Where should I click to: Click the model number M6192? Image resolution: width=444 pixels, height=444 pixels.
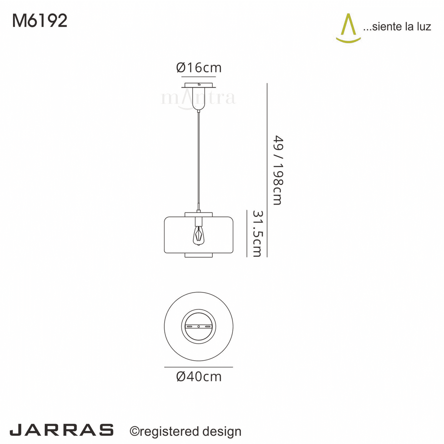click(40, 21)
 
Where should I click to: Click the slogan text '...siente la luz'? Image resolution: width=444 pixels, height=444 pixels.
click(397, 27)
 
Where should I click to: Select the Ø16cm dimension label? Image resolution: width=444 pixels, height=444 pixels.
click(199, 68)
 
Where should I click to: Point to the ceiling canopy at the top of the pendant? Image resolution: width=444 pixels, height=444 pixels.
click(199, 86)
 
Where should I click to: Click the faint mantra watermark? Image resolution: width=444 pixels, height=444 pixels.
click(199, 98)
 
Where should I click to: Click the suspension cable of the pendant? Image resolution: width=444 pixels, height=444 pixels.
click(199, 159)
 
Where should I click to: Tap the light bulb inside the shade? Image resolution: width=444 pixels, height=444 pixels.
click(199, 236)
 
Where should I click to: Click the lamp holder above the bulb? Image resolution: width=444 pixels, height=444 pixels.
click(199, 222)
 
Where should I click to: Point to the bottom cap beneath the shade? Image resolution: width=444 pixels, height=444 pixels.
click(199, 255)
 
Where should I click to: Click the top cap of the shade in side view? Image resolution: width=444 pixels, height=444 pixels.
click(199, 215)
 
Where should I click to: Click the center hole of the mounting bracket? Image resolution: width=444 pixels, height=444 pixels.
click(199, 327)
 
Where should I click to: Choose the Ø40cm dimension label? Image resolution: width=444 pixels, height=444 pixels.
click(199, 377)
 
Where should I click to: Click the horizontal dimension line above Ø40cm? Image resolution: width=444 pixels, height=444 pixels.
click(199, 367)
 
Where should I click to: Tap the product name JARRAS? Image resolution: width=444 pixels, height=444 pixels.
click(61, 430)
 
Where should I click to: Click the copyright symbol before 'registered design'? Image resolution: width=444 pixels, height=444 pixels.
click(134, 431)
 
